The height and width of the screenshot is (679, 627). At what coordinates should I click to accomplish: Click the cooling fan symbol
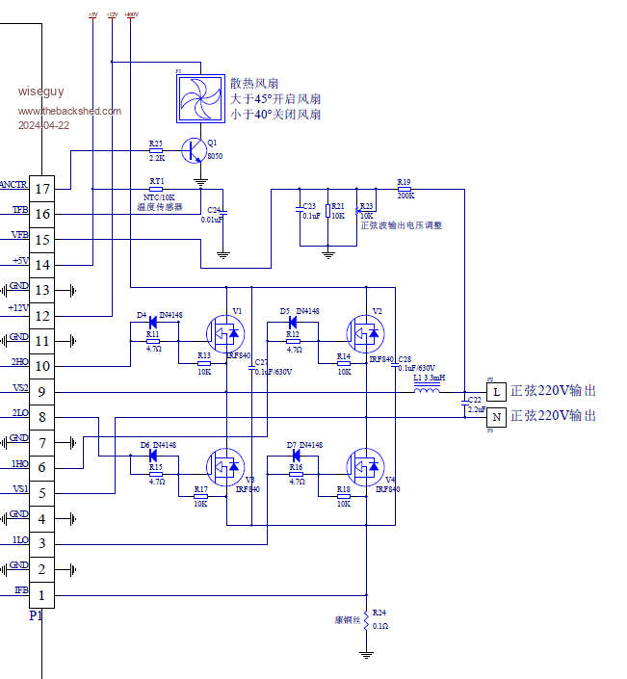(199, 97)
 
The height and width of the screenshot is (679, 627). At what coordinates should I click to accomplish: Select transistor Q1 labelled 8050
(196, 149)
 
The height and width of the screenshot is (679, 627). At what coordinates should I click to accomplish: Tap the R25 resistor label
(156, 144)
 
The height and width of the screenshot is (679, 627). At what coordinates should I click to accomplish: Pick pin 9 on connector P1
(41, 391)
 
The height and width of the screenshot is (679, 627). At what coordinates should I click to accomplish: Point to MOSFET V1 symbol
(225, 334)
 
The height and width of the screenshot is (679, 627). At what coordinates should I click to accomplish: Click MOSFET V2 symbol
(366, 334)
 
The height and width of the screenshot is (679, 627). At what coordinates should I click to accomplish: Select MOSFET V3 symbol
(225, 466)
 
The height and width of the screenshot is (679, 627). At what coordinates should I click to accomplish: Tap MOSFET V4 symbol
(366, 466)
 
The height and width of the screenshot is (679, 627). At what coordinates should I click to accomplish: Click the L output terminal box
(496, 392)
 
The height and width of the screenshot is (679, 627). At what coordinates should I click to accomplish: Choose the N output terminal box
(496, 417)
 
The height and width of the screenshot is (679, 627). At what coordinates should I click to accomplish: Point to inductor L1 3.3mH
(426, 389)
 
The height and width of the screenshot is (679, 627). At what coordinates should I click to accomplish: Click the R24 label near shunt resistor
(379, 613)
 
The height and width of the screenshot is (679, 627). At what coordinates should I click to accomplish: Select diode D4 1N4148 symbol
(153, 323)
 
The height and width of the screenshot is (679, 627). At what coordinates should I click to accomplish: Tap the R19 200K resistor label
(404, 182)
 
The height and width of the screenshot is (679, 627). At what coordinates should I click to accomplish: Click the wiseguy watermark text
(40, 91)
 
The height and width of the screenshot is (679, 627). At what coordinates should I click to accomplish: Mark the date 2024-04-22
(43, 125)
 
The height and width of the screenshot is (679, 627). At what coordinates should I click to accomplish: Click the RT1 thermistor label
(156, 181)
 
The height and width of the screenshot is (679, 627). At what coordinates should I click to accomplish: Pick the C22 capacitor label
(474, 399)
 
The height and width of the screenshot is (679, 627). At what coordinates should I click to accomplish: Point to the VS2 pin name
(19, 387)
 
